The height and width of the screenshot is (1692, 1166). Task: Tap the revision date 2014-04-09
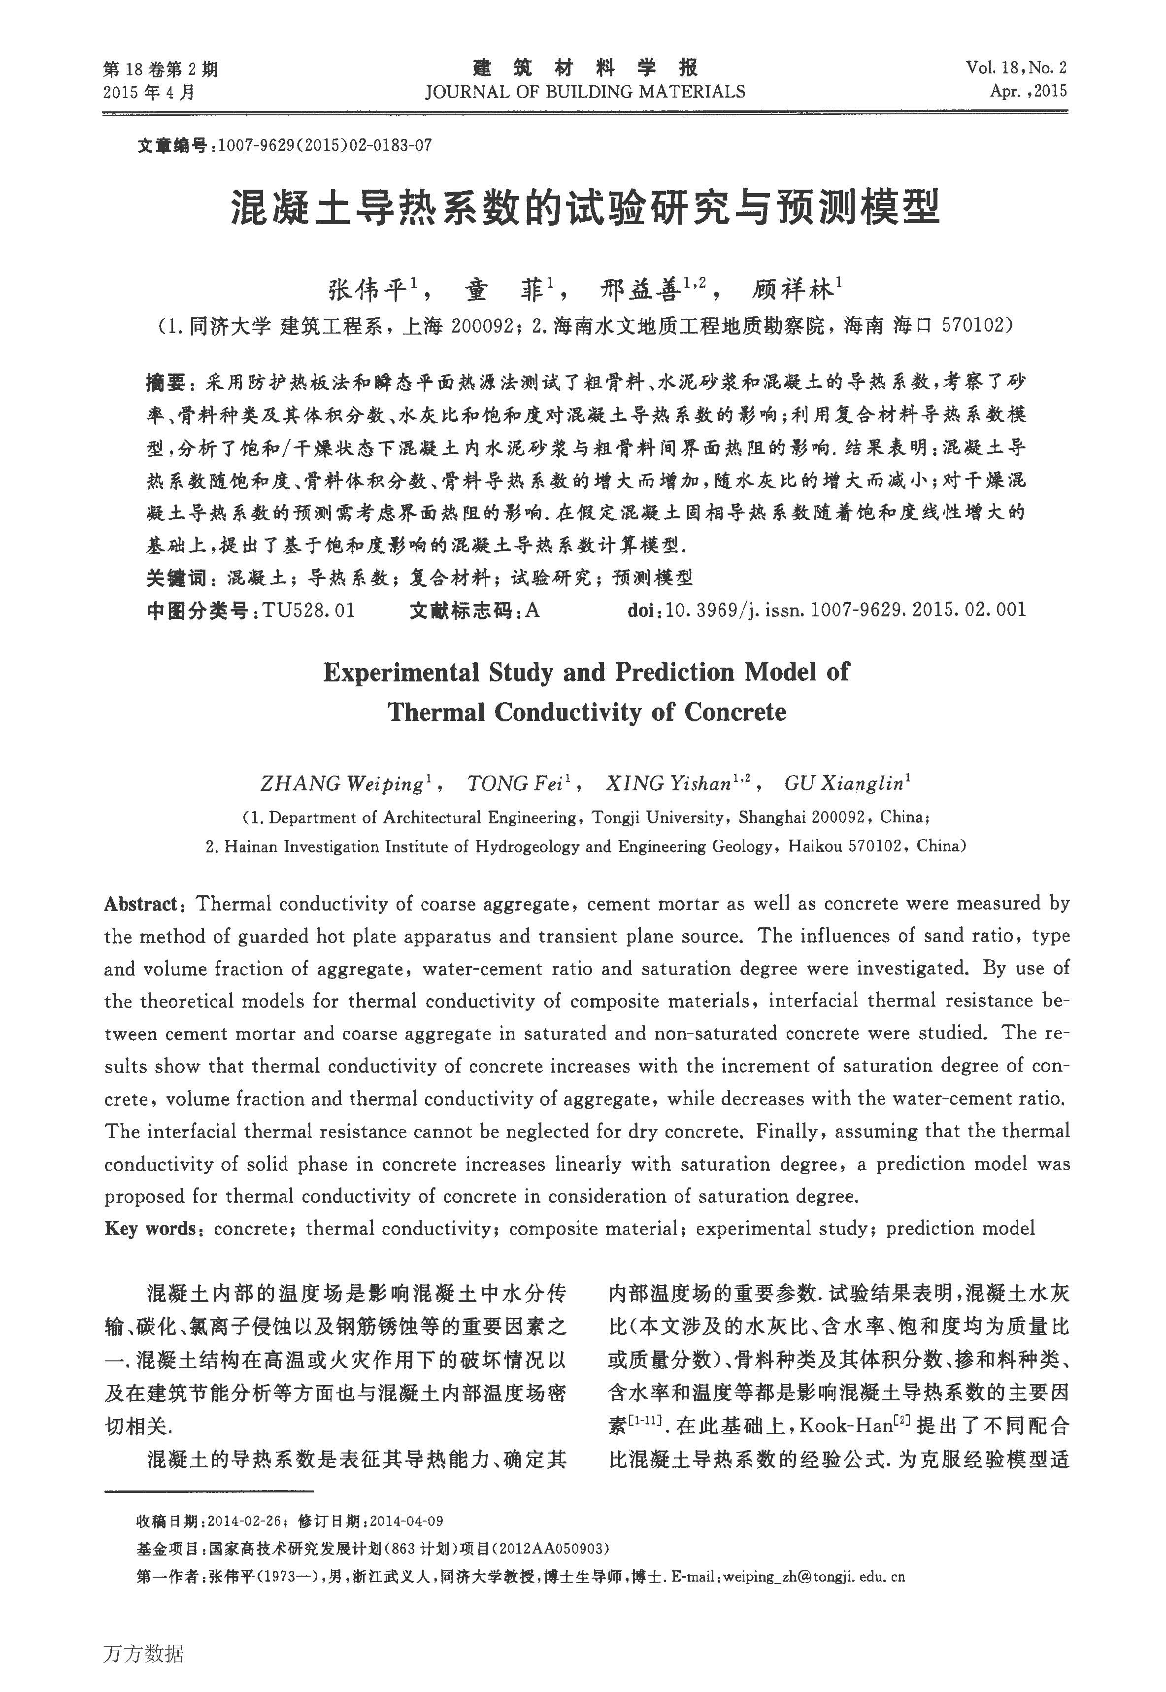click(x=407, y=1522)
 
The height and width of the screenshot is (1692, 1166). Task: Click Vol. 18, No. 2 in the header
click(x=1016, y=68)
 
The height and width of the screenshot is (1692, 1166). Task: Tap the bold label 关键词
click(x=176, y=578)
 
